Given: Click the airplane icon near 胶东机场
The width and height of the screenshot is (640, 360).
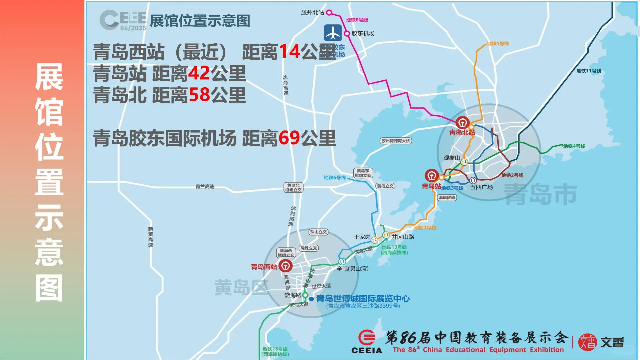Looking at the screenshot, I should (x=333, y=33).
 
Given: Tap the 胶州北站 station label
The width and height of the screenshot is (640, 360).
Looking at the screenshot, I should (x=312, y=13).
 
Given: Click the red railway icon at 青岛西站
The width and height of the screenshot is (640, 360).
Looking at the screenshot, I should (x=285, y=266).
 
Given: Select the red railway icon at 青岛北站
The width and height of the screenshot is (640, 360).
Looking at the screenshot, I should (x=462, y=123).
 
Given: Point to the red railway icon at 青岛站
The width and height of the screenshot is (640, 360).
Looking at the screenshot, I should (x=432, y=175).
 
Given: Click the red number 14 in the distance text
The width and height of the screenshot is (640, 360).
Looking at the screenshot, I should (x=289, y=52).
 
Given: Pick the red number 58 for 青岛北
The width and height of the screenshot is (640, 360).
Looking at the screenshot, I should (x=200, y=95).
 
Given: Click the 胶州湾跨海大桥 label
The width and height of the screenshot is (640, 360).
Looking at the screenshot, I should (x=396, y=141).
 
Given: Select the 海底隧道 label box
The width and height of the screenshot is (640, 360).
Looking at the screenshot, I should (x=447, y=198).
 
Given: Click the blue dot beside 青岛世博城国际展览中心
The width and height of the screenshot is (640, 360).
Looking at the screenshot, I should (x=311, y=299).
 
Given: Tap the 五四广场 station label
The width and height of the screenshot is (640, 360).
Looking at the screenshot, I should (x=481, y=187).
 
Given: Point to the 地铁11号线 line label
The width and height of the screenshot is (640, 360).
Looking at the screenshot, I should (x=589, y=71).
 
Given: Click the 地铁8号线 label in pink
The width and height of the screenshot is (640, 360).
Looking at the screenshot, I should (x=357, y=20).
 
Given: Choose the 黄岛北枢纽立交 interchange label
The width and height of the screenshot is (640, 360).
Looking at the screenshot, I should (x=293, y=188).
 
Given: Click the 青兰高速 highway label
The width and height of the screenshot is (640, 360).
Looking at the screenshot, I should (x=205, y=187).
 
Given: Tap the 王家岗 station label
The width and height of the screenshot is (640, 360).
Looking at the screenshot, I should (x=362, y=237).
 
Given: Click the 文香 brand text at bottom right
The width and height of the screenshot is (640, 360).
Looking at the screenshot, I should (x=612, y=342).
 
